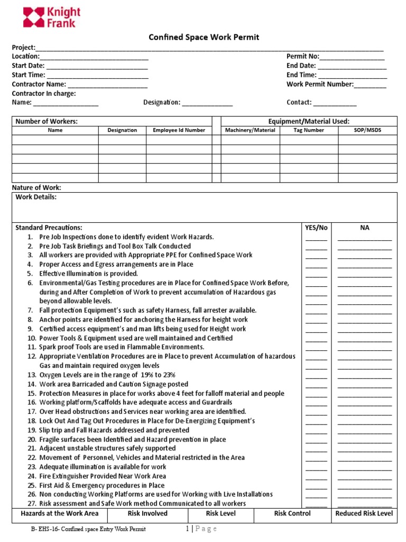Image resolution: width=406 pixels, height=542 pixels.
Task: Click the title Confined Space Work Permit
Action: click(x=196, y=37)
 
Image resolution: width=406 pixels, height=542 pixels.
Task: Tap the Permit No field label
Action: click(x=302, y=57)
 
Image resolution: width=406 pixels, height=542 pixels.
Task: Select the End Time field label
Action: click(x=301, y=75)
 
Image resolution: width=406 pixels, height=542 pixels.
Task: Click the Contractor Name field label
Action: click(x=39, y=84)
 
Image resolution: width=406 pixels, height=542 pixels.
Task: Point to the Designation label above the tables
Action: click(x=162, y=103)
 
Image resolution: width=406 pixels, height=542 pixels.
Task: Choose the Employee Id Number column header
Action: click(x=179, y=130)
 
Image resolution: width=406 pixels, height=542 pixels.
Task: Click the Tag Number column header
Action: click(x=309, y=130)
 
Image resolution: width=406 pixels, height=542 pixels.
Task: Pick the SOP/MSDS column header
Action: click(x=367, y=130)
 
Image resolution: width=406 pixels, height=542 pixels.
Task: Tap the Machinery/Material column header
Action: click(x=250, y=130)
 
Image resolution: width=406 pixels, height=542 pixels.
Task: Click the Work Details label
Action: click(x=36, y=197)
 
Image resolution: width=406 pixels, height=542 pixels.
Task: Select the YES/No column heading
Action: click(x=316, y=228)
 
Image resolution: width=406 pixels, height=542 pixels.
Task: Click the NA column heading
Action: click(x=365, y=228)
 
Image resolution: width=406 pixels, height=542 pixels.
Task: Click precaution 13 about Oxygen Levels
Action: click(x=107, y=375)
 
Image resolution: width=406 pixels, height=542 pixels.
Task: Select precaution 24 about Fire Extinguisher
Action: click(x=102, y=476)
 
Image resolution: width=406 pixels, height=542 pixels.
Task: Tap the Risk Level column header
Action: click(x=220, y=513)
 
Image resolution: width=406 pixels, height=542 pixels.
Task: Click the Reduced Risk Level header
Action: click(x=364, y=513)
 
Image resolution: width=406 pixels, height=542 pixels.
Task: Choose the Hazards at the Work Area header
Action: click(x=59, y=513)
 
